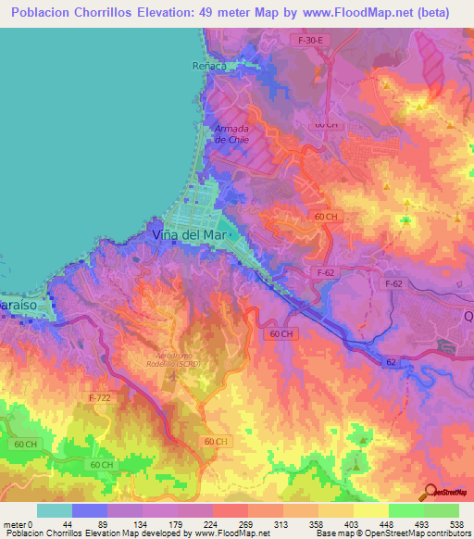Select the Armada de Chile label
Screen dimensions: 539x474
tap(232, 133)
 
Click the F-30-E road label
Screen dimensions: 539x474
tap(309, 41)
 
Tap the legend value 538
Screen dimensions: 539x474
tap(457, 524)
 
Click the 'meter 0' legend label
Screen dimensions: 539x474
tap(19, 524)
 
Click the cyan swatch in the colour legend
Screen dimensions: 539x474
tap(55, 510)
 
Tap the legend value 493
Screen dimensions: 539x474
tap(423, 524)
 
